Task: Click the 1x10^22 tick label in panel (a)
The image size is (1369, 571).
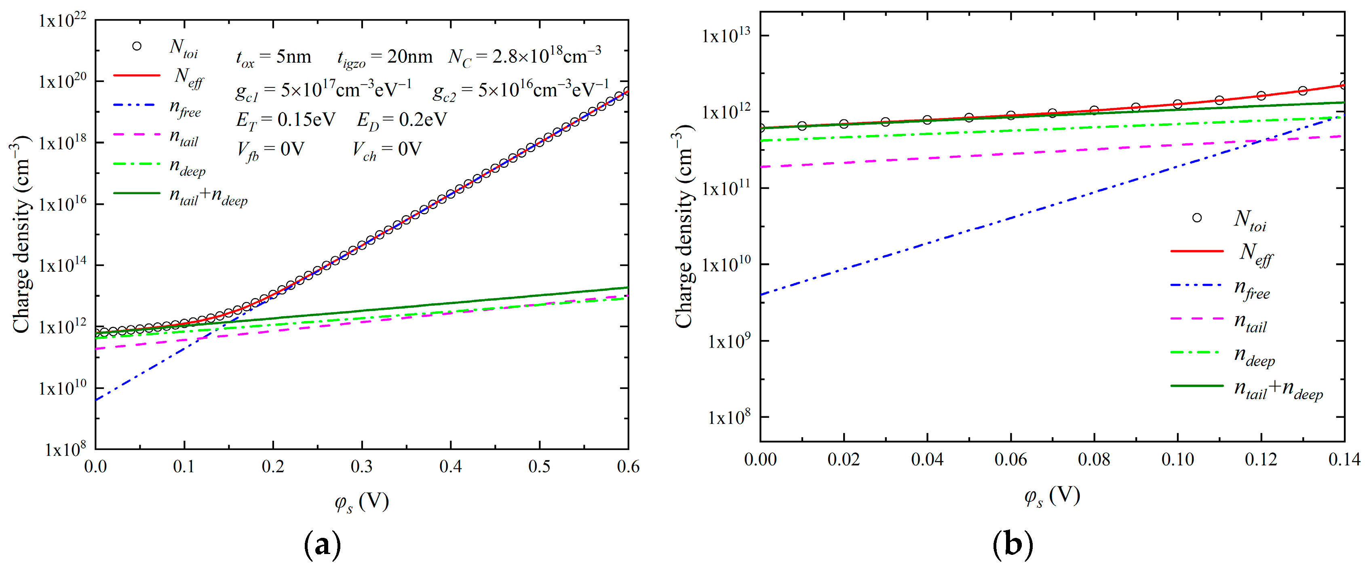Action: tap(62, 22)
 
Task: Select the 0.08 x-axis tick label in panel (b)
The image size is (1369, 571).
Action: tap(1094, 459)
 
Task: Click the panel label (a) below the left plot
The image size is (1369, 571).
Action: tap(322, 544)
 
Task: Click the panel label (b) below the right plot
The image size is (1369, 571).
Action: tap(1013, 544)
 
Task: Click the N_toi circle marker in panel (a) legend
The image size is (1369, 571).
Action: tap(137, 46)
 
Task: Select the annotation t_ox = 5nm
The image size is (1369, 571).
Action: tap(273, 57)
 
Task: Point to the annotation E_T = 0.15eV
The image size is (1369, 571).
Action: tap(285, 120)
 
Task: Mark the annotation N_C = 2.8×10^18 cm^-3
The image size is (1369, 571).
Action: tap(525, 56)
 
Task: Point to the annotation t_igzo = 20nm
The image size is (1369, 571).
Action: tap(385, 57)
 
